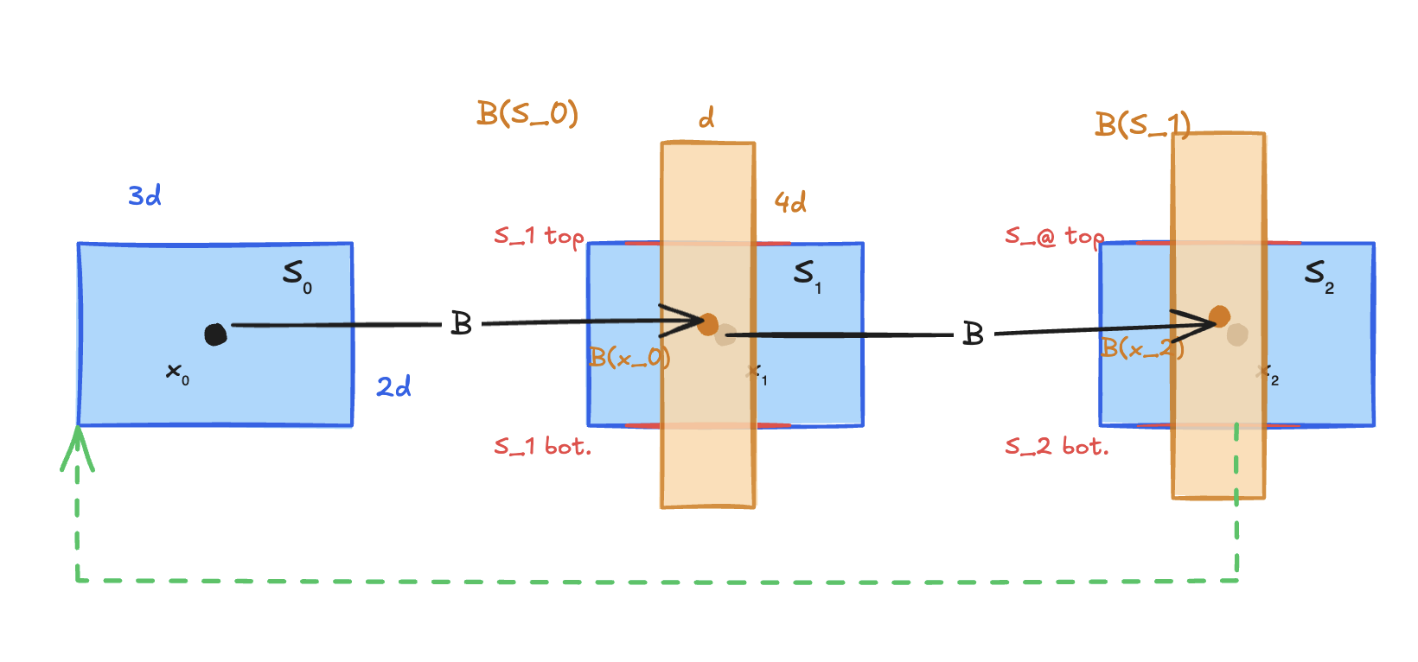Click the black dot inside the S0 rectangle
tap(215, 334)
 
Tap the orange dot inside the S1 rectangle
tap(708, 324)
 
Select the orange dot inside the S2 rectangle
tap(1219, 316)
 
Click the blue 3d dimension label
tap(144, 196)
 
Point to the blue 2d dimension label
tap(393, 386)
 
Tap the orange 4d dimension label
tap(790, 203)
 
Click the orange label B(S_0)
tap(527, 113)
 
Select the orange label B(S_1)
tap(1142, 125)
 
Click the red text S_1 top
tap(539, 236)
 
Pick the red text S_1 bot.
tap(542, 447)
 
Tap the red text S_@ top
tap(1054, 236)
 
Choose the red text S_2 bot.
tap(1056, 447)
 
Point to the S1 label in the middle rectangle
tap(807, 275)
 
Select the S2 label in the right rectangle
tap(1318, 276)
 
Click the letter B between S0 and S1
tap(462, 324)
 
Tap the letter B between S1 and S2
tap(974, 334)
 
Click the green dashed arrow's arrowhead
tap(77, 445)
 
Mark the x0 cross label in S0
tap(176, 373)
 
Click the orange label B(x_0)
tap(629, 357)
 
